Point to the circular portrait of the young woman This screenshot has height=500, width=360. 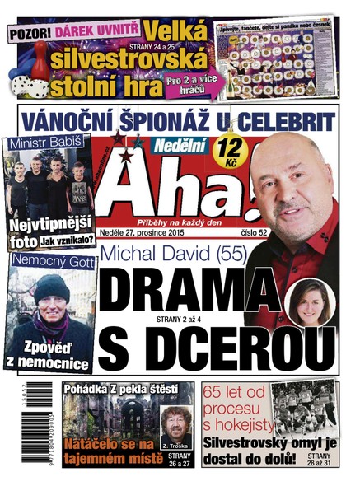(313, 304)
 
